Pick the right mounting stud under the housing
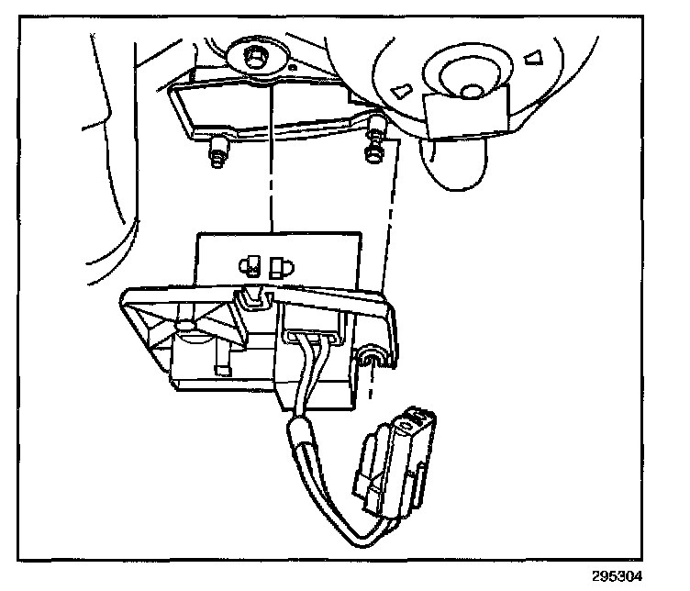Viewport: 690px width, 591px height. pos(373,145)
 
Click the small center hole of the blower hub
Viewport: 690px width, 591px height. pos(471,90)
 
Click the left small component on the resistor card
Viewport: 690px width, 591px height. pos(247,267)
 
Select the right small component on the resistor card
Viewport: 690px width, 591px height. pos(280,266)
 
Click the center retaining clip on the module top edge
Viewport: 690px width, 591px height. pos(250,297)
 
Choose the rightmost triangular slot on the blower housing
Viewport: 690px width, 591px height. pos(533,58)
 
